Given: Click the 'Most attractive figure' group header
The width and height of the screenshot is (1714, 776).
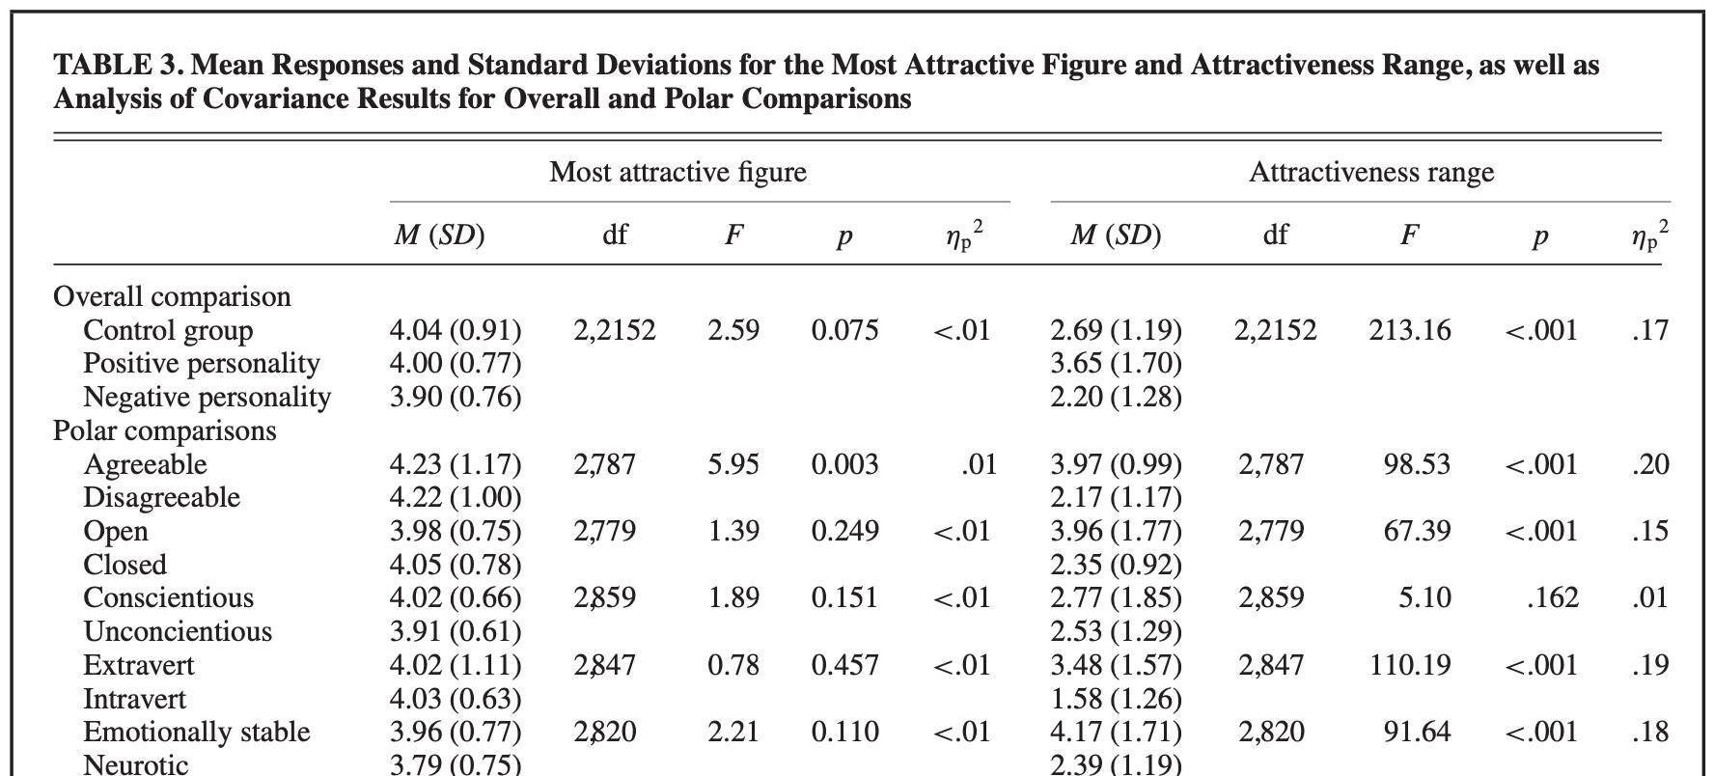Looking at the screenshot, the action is (x=677, y=173).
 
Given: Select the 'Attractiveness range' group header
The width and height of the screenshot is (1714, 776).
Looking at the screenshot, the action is (x=1371, y=173).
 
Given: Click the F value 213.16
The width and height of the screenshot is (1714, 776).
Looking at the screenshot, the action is (x=1409, y=330).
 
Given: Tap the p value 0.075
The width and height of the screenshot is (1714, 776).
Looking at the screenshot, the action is (x=844, y=330).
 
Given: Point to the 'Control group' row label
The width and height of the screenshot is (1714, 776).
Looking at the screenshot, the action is (x=168, y=330).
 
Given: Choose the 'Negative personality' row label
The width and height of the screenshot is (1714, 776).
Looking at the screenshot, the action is (x=207, y=397).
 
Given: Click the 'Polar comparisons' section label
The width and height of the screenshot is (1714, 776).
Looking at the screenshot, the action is (x=164, y=430).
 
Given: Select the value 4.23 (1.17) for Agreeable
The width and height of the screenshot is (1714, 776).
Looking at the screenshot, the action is (x=455, y=464).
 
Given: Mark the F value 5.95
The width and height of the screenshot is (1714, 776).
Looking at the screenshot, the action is (x=733, y=464).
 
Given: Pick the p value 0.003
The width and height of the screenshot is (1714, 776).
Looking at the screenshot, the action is (x=844, y=464).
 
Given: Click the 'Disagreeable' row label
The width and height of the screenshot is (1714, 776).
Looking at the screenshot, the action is (x=161, y=497).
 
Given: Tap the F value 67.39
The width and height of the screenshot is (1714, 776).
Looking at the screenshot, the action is (x=1417, y=531).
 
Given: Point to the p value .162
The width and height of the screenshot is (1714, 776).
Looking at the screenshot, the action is (x=1553, y=597).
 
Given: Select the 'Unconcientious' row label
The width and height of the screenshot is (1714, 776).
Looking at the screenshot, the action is (x=178, y=631).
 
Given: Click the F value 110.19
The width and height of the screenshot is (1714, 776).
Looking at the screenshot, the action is (x=1409, y=665).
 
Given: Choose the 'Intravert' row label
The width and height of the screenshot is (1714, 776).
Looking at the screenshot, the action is (x=134, y=699).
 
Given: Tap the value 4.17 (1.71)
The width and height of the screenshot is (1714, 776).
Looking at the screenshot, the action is (x=1116, y=732).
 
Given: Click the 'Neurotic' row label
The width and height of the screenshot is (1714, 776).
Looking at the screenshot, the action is (x=136, y=764).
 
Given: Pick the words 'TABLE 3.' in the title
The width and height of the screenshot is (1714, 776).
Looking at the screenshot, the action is (x=116, y=66).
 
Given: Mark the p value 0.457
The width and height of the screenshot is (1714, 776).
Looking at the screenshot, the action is (x=844, y=665).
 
